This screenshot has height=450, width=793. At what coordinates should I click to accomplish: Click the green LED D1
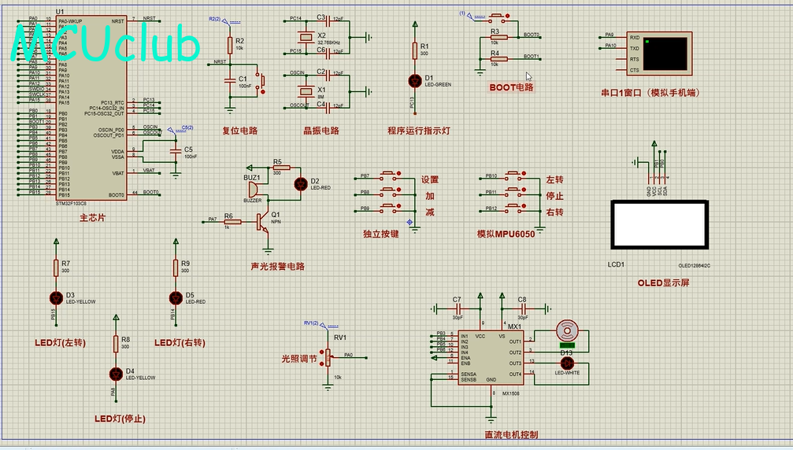pyautogui.click(x=415, y=80)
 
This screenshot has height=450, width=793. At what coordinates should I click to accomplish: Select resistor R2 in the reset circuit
pyautogui.click(x=229, y=45)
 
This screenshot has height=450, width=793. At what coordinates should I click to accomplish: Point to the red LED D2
pyautogui.click(x=300, y=184)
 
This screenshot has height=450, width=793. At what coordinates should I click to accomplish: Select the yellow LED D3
pyautogui.click(x=56, y=297)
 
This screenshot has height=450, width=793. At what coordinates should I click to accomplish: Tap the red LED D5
pyautogui.click(x=176, y=297)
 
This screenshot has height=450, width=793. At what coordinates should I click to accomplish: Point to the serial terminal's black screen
pyautogui.click(x=665, y=53)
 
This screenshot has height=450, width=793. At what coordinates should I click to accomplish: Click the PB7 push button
pyautogui.click(x=390, y=175)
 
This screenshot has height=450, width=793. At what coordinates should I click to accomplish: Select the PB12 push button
pyautogui.click(x=516, y=208)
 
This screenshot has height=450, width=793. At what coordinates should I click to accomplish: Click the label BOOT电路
pyautogui.click(x=511, y=87)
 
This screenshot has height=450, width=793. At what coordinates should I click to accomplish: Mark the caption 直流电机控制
pyautogui.click(x=511, y=433)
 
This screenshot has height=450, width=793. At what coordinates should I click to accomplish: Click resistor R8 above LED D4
pyautogui.click(x=116, y=344)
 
